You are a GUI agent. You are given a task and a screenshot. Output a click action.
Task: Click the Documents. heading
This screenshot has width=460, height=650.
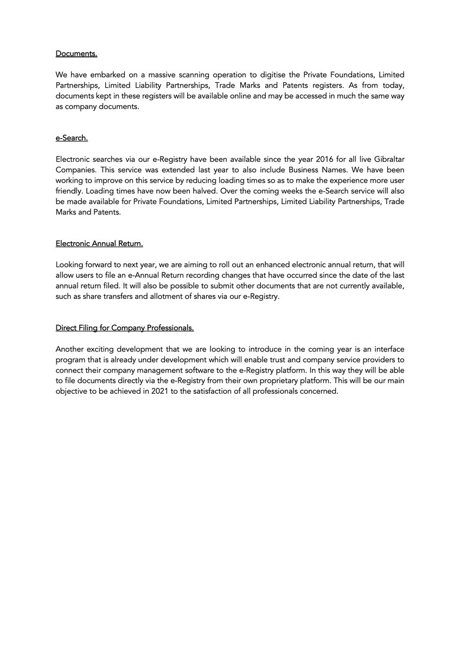point(76,54)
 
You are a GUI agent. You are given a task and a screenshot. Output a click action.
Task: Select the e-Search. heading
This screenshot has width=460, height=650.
point(72,138)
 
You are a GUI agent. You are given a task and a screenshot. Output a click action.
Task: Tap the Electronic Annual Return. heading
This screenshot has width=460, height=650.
point(99,244)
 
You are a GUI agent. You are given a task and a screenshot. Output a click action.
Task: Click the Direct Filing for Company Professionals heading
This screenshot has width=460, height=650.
point(125,328)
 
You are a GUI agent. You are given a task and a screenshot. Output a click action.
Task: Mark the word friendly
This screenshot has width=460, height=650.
point(68,191)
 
